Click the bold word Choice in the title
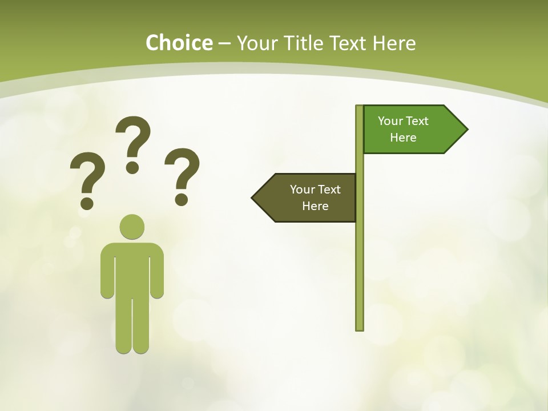pyautogui.click(x=179, y=43)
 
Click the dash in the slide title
pyautogui.click(x=224, y=44)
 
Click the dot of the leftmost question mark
pyautogui.click(x=87, y=203)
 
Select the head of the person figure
pyautogui.click(x=132, y=227)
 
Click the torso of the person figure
pyautogui.click(x=132, y=268)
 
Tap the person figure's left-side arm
pyautogui.click(x=107, y=274)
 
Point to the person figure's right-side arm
pyautogui.click(x=157, y=274)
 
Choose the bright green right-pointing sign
pyautogui.click(x=411, y=130)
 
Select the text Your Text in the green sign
pyautogui.click(x=403, y=121)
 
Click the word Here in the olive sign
pyautogui.click(x=315, y=206)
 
